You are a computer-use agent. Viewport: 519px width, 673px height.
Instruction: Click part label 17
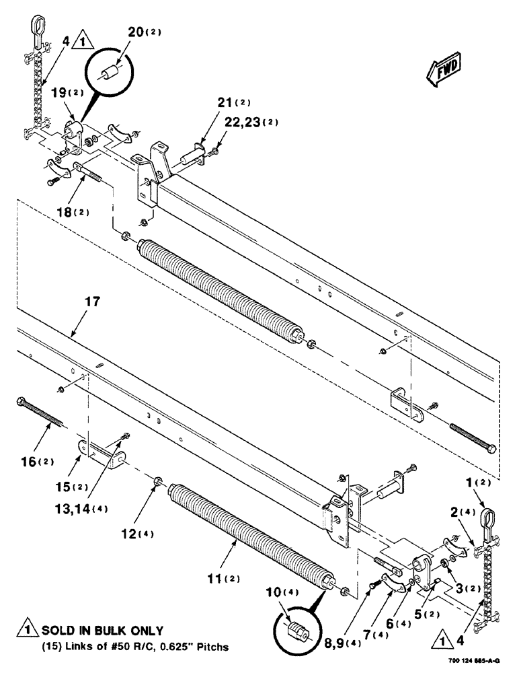point(92,303)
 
